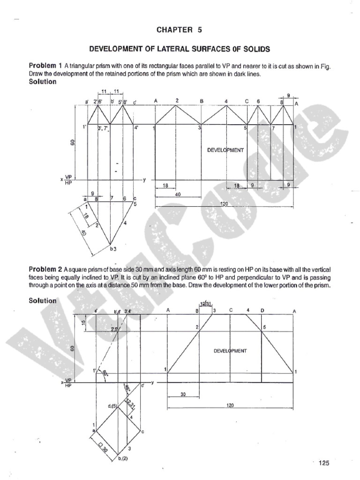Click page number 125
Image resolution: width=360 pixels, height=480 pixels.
tap(324, 463)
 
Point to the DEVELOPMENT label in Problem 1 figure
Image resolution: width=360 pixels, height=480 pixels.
tap(225, 150)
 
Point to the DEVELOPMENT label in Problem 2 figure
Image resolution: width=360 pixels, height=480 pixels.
tap(230, 351)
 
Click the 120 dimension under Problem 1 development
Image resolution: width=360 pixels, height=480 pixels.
tap(224, 204)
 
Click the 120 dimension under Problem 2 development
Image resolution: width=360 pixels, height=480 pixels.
tap(230, 406)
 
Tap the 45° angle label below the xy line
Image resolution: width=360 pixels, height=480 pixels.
tap(127, 389)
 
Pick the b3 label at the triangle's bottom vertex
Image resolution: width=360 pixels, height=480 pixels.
tap(112, 248)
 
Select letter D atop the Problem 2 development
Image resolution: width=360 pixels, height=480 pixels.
tap(262, 310)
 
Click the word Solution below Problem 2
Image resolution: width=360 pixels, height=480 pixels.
tap(43, 300)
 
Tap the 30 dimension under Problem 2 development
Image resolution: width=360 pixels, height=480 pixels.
tap(183, 394)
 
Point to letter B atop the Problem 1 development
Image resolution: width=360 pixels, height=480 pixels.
tap(202, 101)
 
